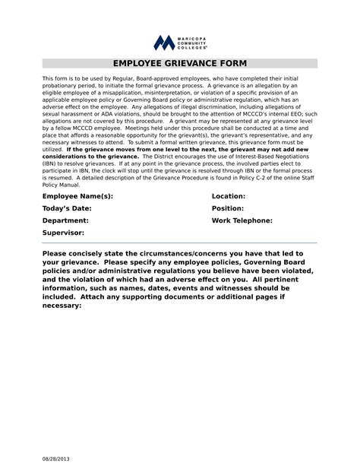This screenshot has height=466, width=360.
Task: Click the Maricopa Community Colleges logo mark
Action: pyautogui.click(x=164, y=43)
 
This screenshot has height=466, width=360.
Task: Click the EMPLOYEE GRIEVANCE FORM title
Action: pyautogui.click(x=180, y=64)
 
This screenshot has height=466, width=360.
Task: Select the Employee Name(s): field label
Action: pyautogui.click(x=77, y=196)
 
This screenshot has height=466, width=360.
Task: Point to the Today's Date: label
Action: pyautogui.click(x=67, y=208)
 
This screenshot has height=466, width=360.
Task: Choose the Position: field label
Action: pyautogui.click(x=228, y=208)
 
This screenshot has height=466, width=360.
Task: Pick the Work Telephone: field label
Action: pyautogui.click(x=242, y=220)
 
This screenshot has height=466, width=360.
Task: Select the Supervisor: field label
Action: pyautogui.click(x=64, y=233)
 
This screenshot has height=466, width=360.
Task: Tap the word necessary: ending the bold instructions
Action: pyautogui.click(x=62, y=305)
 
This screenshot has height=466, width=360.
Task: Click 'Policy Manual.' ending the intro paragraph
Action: pyautogui.click(x=62, y=184)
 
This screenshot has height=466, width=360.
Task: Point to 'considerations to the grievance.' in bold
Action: pyautogui.click(x=90, y=156)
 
